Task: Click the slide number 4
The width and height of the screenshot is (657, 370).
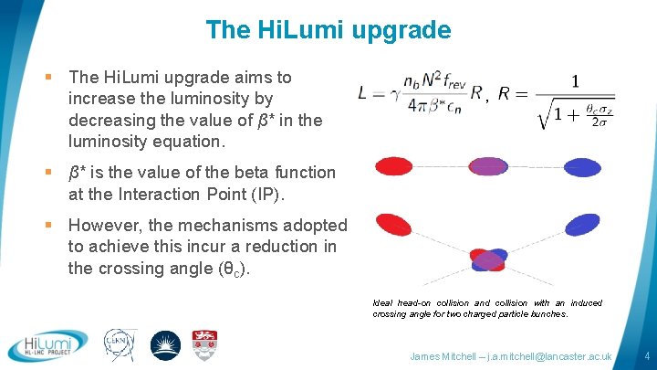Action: tap(645, 355)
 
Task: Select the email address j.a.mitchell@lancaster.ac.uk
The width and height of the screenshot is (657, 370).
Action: tap(552, 355)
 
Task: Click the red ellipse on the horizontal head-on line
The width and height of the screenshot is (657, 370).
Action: tap(395, 166)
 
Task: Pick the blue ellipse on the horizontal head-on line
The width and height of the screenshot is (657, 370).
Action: tap(581, 167)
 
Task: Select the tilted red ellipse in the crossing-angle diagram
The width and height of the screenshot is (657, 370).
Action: tap(400, 225)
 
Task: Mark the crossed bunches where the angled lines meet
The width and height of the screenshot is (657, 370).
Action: tap(488, 260)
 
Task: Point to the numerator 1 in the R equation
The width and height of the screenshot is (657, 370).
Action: tap(574, 81)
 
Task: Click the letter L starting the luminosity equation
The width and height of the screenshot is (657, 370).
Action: tap(364, 92)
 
